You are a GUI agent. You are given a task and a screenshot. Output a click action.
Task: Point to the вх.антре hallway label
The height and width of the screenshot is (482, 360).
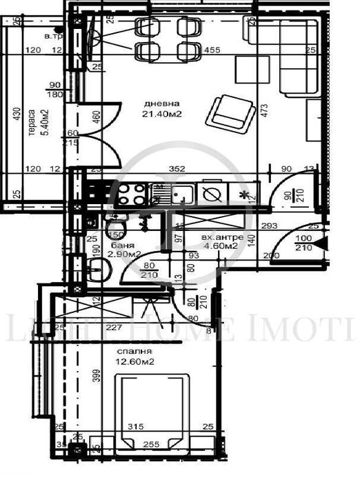222,237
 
